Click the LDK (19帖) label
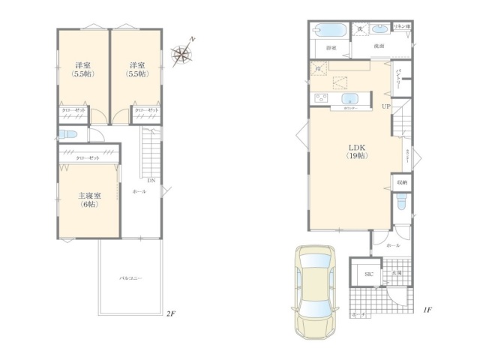click(356, 151)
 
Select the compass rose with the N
click(181, 52)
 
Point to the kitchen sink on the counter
click(351, 99)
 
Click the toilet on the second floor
click(65, 135)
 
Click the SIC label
click(368, 274)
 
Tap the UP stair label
click(386, 106)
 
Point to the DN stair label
click(151, 181)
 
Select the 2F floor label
click(170, 313)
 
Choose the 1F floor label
click(425, 309)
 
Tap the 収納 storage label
click(402, 181)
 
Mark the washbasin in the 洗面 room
click(379, 30)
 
